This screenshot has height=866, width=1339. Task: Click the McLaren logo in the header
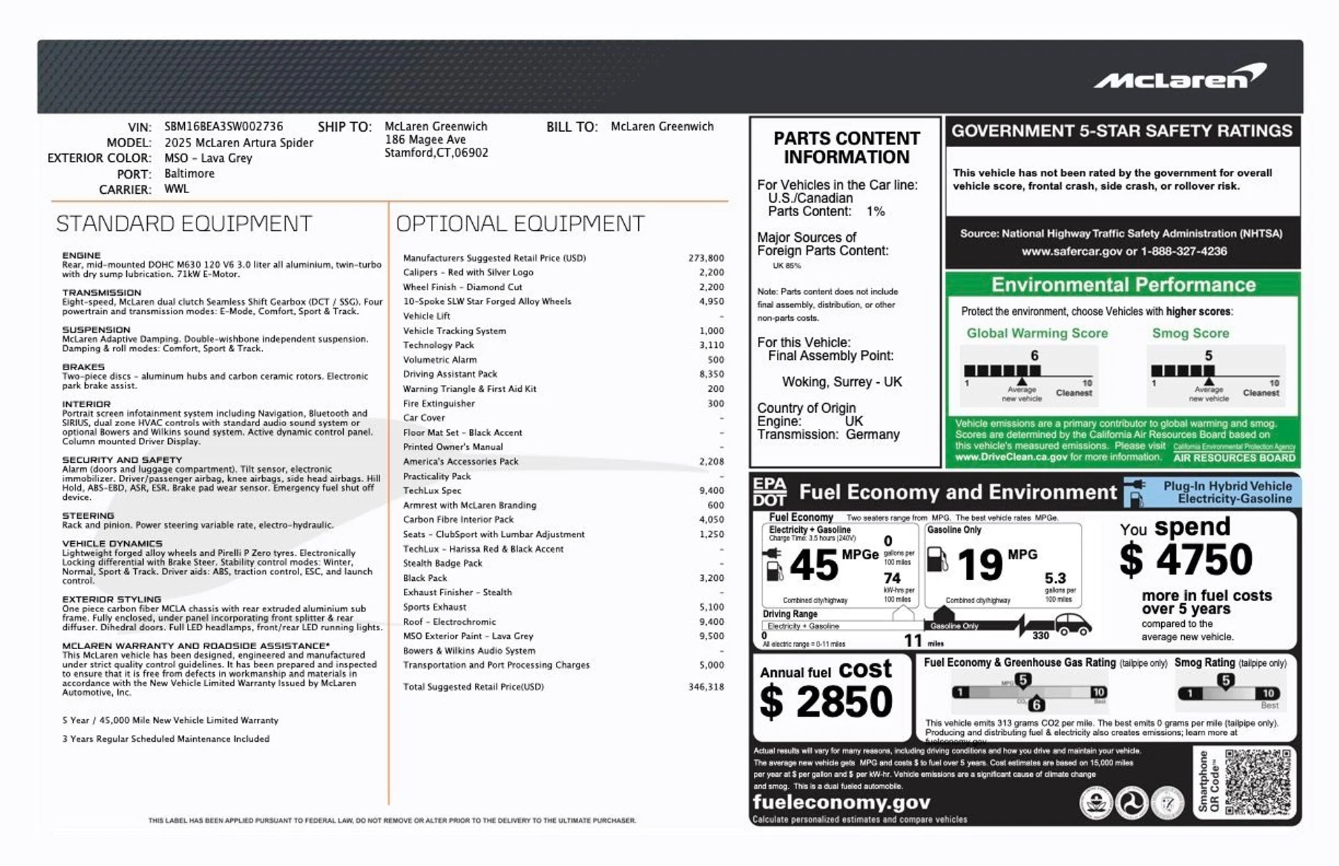coord(1180,77)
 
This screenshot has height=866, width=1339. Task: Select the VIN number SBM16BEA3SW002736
coord(224,127)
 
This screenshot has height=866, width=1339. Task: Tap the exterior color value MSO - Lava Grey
coord(209,158)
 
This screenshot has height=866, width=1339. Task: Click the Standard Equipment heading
coord(184,224)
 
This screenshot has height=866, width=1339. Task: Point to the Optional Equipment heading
coord(520,224)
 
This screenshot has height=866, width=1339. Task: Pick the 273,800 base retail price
coord(706,258)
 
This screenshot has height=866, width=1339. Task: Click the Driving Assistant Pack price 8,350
coord(711,374)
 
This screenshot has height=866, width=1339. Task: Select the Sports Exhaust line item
coord(434,607)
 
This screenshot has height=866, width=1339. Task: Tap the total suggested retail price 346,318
coord(706,687)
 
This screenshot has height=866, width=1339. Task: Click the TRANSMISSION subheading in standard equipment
coord(102,293)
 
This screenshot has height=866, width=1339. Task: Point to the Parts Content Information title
coord(847,148)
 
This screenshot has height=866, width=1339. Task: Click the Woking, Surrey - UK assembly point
coord(842,382)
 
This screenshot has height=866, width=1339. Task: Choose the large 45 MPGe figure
coord(814,565)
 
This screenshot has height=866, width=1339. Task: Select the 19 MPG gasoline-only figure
coord(980,565)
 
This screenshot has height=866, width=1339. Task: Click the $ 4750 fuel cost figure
coord(1186,560)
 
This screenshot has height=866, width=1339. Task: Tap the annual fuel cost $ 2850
coord(826,701)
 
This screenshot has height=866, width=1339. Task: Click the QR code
coord(1257,782)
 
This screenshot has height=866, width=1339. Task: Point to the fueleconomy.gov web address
coord(841,803)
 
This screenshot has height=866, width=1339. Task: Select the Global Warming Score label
coord(1037,333)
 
